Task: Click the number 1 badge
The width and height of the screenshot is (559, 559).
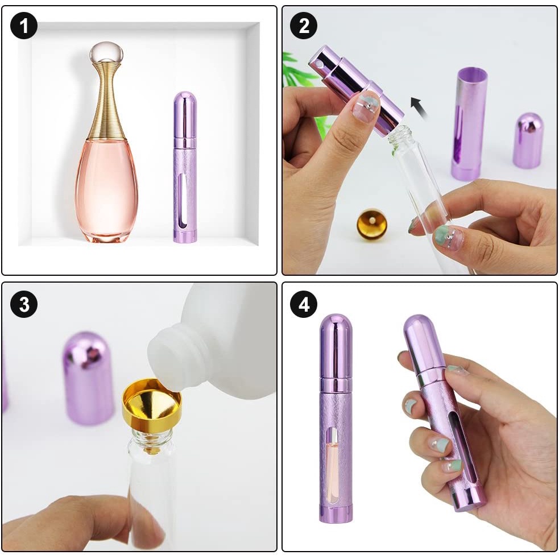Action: tap(24, 26)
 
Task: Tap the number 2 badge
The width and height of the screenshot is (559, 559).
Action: tap(304, 26)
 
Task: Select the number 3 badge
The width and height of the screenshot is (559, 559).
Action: tap(24, 304)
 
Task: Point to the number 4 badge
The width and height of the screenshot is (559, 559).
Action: tap(304, 304)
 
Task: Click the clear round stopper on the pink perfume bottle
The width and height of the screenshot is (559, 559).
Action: tap(106, 53)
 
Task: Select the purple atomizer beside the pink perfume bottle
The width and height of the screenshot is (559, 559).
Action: tap(185, 167)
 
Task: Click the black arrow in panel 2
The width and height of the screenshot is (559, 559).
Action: tap(419, 107)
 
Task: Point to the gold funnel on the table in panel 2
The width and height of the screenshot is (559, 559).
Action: tap(372, 224)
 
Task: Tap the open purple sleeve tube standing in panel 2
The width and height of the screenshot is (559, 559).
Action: tap(469, 124)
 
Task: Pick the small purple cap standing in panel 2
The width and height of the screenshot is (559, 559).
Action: tap(528, 140)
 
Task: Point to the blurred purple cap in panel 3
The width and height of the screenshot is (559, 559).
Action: tap(88, 378)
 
